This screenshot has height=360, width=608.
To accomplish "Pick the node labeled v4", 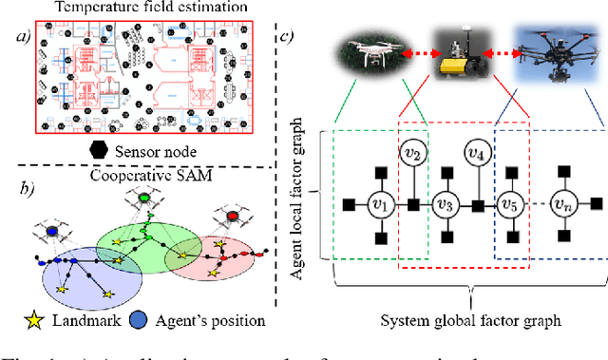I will pos(475,151).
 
